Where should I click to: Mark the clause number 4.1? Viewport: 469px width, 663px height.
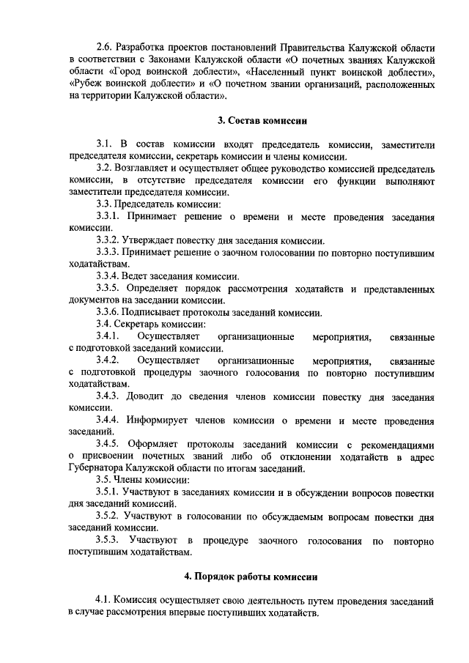(106, 600)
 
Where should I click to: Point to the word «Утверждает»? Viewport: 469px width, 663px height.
(149, 240)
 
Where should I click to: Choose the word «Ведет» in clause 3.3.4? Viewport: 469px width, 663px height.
(137, 276)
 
